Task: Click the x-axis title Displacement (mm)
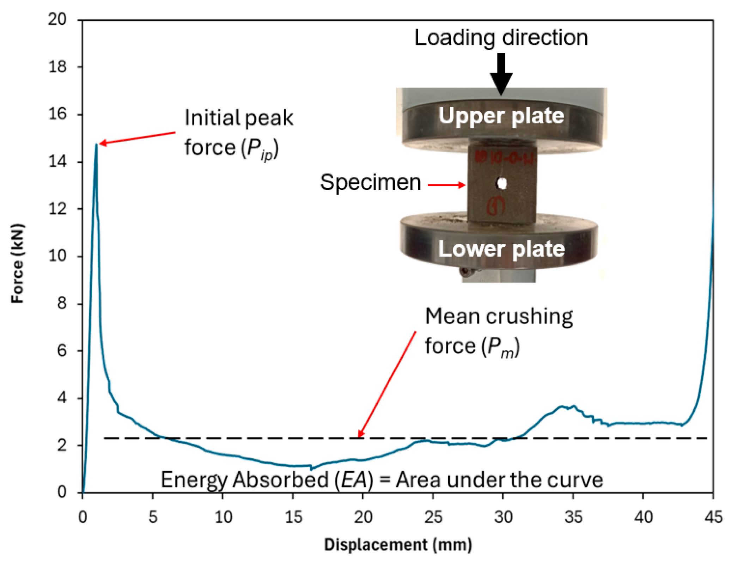tap(398, 545)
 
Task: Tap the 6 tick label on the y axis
tap(62, 351)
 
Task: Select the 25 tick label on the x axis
tap(433, 517)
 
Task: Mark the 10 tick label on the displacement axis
tap(223, 517)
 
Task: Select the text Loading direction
tap(501, 38)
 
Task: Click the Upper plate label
tap(501, 116)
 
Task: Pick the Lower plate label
tap(501, 249)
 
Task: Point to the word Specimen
tap(370, 183)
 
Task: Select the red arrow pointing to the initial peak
tap(138, 138)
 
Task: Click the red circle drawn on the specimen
tap(496, 206)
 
